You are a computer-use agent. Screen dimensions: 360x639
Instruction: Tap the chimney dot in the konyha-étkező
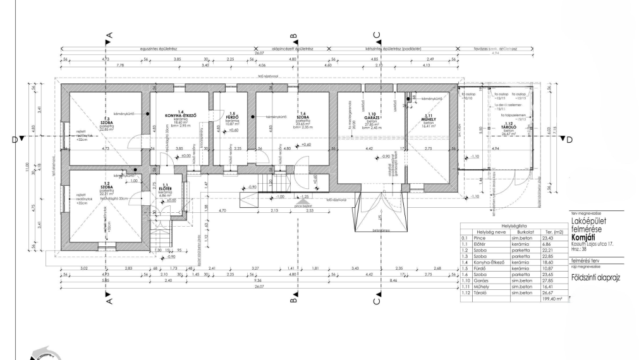148,114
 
